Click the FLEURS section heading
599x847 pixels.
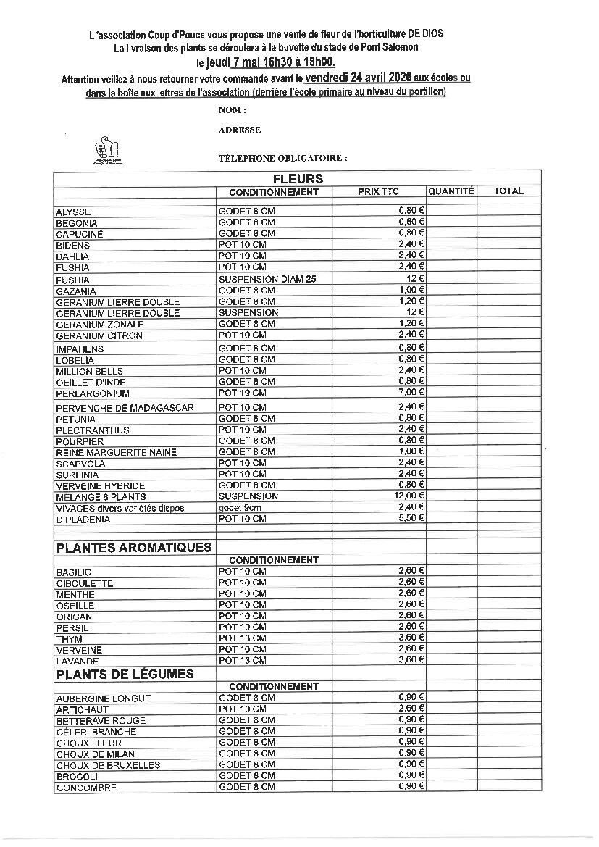298,178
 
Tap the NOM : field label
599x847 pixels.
232,110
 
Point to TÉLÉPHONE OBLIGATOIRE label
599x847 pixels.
282,157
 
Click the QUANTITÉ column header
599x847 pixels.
451,191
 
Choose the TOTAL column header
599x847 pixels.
508,191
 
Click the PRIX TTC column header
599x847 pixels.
378,192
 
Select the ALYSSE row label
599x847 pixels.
73,212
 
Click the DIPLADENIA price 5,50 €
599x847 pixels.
411,519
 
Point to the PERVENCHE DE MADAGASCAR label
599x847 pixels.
125,408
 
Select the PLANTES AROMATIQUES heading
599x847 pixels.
134,548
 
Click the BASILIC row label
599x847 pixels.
73,572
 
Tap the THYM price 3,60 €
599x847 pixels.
411,638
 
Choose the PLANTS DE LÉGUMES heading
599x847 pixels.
125,674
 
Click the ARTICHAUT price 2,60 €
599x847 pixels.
411,709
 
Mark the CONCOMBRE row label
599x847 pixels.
85,788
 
